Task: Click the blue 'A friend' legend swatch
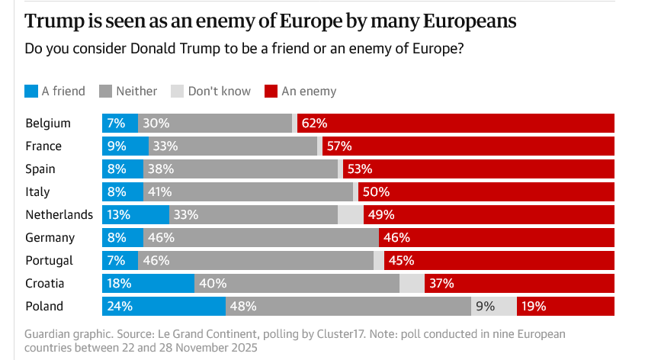[x=31, y=92]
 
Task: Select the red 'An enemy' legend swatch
[x=271, y=92]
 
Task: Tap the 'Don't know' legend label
[x=219, y=92]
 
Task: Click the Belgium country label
[x=48, y=123]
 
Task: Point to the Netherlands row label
[x=59, y=214]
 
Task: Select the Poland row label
[x=44, y=306]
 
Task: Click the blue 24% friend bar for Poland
[x=164, y=306]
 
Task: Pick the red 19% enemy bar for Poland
[x=565, y=306]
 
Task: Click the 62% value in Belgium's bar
[x=314, y=123]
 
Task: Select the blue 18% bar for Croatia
[x=148, y=283]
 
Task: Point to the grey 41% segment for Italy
[x=248, y=191]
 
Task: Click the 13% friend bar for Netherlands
[x=135, y=214]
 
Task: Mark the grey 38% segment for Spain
[x=240, y=169]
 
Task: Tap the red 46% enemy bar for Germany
[x=496, y=237]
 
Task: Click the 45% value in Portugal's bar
[x=401, y=260]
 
